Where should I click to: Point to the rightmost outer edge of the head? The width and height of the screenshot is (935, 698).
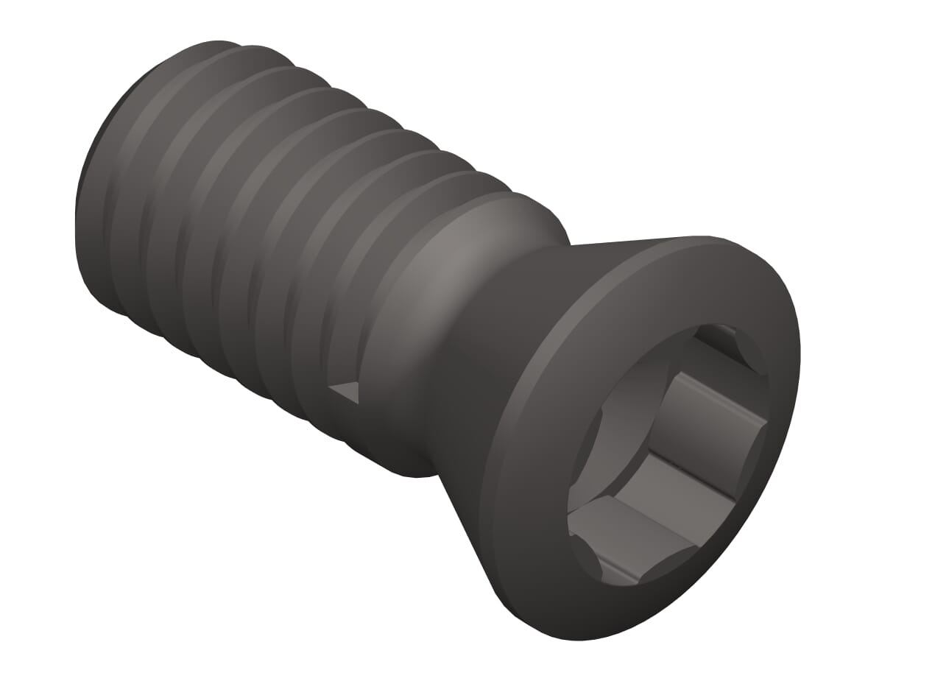(x=800, y=353)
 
